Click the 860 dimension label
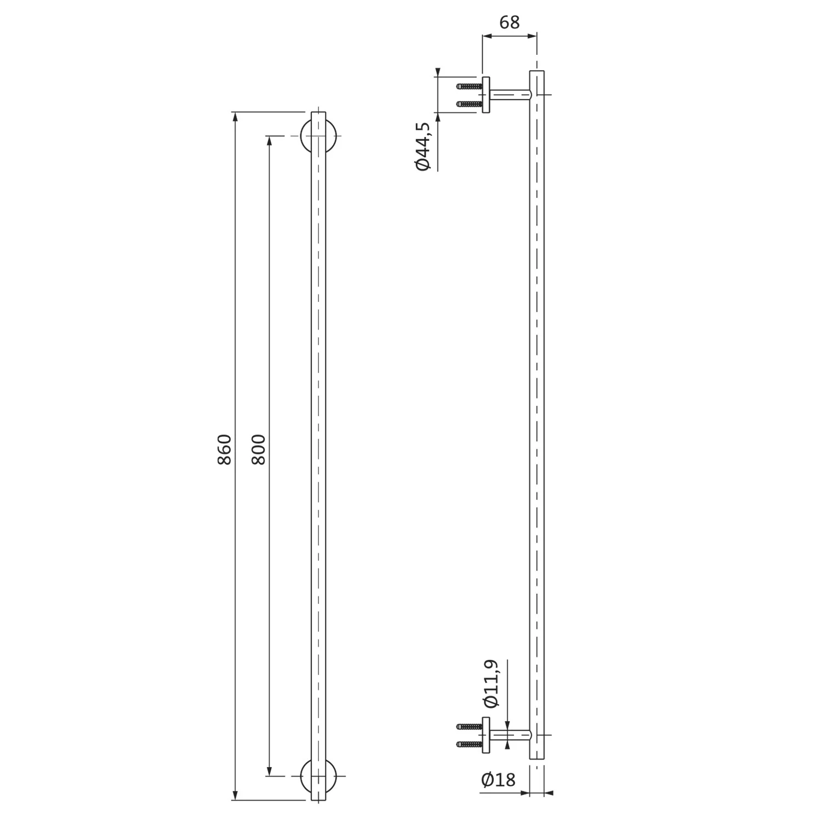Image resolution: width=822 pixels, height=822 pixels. click(225, 449)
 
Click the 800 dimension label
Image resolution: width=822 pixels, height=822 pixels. click(258, 449)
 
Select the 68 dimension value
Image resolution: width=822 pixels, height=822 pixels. click(509, 22)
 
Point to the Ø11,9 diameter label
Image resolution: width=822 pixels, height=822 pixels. click(490, 684)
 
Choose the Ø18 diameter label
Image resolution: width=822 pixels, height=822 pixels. click(498, 780)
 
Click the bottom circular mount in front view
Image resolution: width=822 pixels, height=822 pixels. click(318, 777)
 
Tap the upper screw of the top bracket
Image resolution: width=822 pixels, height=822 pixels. click(470, 87)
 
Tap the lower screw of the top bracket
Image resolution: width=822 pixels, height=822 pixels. click(470, 104)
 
